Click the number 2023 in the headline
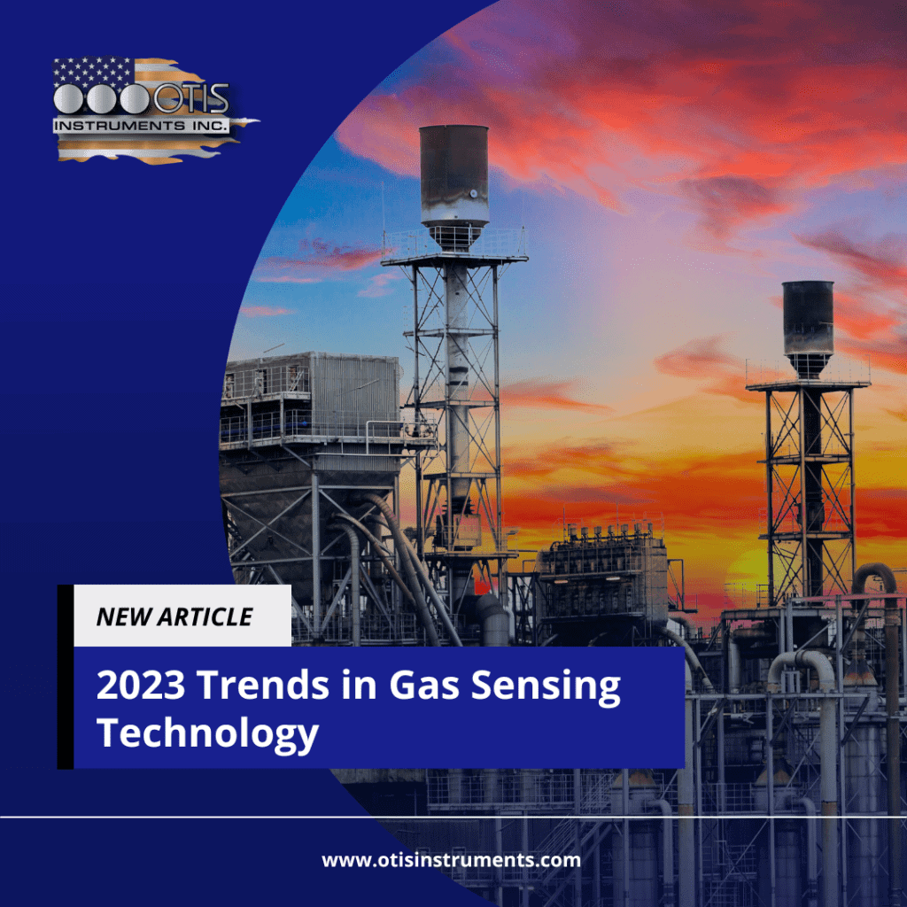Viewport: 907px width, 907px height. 141,685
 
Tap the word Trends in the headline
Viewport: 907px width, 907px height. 263,685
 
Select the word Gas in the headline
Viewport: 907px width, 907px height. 424,685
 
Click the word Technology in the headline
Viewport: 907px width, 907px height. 207,734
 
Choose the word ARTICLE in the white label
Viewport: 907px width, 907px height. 205,616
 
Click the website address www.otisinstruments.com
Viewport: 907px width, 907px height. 451,860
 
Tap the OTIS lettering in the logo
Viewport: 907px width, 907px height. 191,98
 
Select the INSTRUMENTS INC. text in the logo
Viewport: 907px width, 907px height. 141,126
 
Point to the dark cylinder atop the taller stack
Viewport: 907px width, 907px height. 454,174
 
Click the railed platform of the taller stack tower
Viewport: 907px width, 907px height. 454,249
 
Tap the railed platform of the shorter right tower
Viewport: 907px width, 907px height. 808,374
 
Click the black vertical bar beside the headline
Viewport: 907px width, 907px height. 66,677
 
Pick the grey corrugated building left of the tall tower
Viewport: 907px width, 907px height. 310,399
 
